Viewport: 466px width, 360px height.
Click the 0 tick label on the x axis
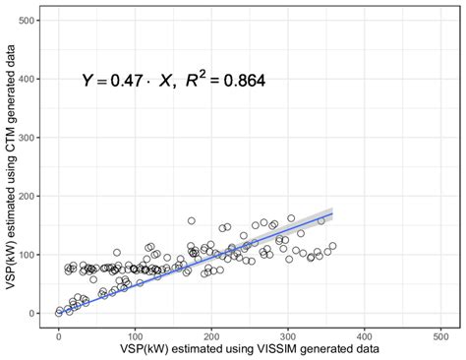(x=59, y=334)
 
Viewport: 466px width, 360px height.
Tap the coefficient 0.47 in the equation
(x=119, y=83)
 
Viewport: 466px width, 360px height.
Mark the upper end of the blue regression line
(x=332, y=212)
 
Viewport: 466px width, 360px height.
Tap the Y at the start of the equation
(x=87, y=83)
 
